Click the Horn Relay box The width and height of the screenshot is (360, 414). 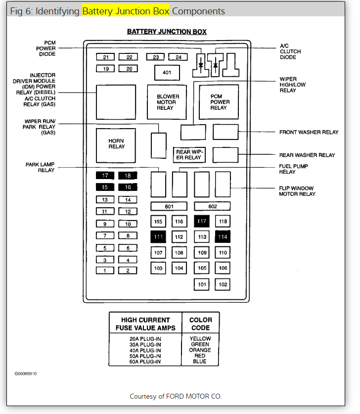coord(116,144)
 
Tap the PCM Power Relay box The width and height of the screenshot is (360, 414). coord(219,102)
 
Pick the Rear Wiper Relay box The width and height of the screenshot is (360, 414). coord(189,155)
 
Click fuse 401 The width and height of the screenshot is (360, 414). coord(167,73)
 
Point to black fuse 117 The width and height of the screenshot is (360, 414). coord(202,222)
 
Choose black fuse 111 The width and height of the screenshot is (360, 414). coord(158,237)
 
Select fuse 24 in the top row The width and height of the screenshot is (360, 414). coord(178,57)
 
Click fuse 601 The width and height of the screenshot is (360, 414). coord(169,206)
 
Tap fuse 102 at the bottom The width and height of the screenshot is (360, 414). coord(223,284)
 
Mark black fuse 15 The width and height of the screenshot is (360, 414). coord(105,187)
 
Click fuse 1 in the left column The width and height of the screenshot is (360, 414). coord(105,271)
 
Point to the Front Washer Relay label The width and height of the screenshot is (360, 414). coord(309,133)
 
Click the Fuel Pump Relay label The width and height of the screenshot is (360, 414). coord(294,169)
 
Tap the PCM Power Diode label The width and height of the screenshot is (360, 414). coord(46,48)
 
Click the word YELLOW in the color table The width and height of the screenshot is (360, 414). coord(200,339)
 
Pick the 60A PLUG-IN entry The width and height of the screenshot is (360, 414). coord(145,362)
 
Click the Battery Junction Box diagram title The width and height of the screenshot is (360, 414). coord(167,32)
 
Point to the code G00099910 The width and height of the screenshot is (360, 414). coord(25,373)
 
